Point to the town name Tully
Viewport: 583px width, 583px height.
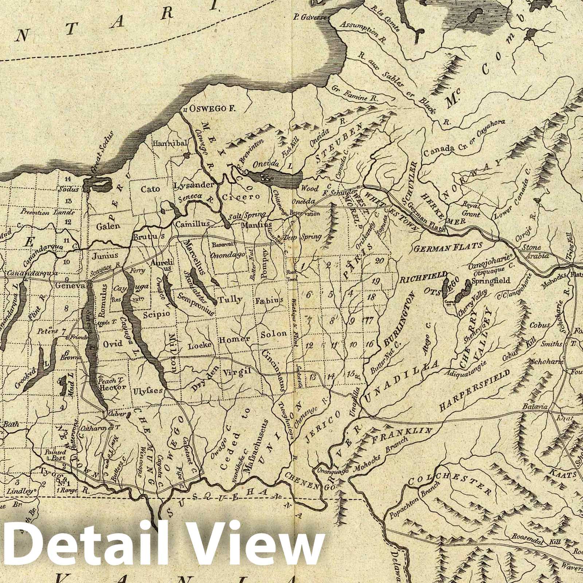(230, 300)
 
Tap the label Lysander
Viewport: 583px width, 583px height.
(193, 185)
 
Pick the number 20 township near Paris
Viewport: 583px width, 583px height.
(379, 260)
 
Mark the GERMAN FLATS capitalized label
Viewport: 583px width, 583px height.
(448, 248)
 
